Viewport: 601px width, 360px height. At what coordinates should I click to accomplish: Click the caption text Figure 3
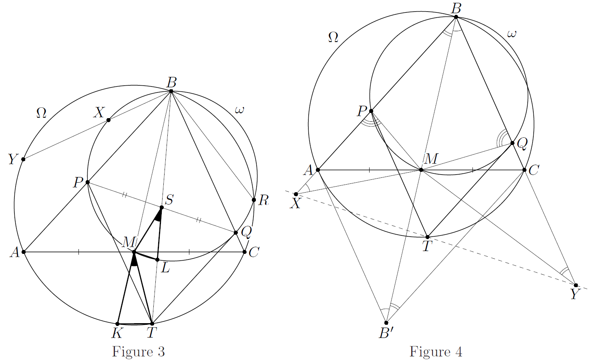[138, 352]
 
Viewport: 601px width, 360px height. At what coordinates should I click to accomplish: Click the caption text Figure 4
[436, 352]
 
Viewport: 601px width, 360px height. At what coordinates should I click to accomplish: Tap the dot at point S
[162, 207]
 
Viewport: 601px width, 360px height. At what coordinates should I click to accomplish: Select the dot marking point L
[157, 259]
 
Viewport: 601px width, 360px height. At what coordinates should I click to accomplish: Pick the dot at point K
[118, 324]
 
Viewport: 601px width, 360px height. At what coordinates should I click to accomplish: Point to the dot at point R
[254, 200]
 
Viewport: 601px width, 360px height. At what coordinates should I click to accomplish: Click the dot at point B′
[386, 323]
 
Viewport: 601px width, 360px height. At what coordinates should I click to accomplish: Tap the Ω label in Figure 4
[333, 38]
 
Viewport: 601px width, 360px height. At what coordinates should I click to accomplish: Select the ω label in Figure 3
[239, 109]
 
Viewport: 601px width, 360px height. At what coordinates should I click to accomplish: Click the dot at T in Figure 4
[428, 237]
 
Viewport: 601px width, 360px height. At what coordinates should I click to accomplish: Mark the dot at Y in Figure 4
[576, 285]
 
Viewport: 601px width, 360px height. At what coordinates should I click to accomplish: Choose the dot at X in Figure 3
[109, 120]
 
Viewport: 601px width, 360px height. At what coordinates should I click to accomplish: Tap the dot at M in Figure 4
[421, 170]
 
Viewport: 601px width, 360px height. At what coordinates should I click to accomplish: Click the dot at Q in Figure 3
[235, 233]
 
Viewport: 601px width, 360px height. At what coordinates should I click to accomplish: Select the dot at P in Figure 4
[371, 111]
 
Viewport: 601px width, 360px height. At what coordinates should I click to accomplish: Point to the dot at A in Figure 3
[24, 252]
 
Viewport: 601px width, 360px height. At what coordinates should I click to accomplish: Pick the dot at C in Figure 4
[524, 170]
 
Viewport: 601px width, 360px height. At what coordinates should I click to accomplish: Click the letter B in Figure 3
[171, 83]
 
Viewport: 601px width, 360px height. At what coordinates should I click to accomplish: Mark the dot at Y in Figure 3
[23, 159]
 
